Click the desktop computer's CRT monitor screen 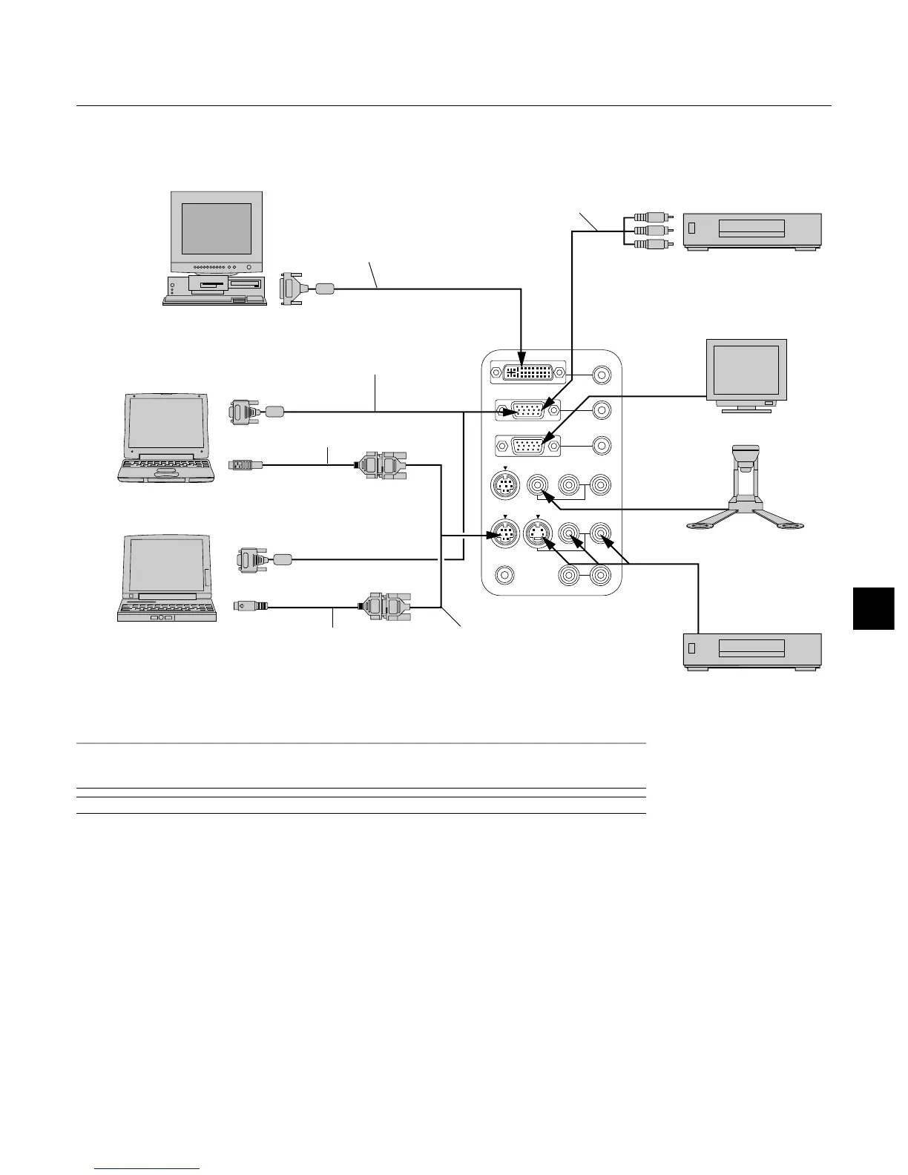coord(217,228)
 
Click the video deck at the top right coord(751,232)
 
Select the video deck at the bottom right coord(751,652)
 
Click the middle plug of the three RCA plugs coord(648,231)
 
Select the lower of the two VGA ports coord(527,446)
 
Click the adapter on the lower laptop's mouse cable coord(384,607)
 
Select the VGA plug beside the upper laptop coord(243,412)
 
